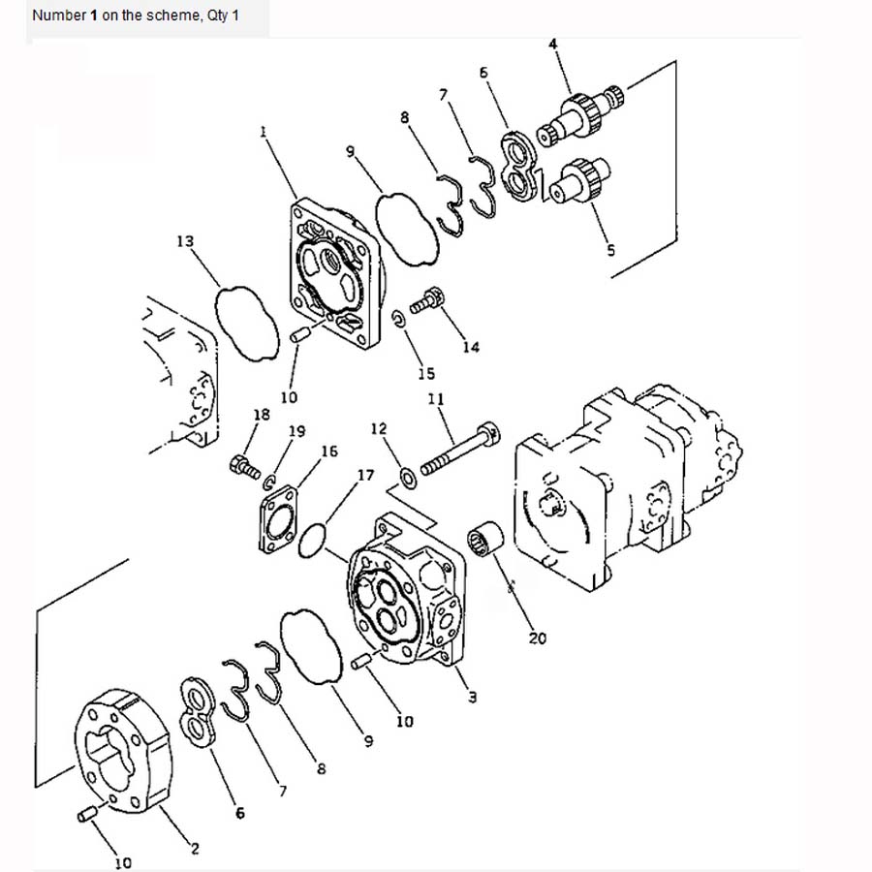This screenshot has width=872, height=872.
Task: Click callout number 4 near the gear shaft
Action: tap(553, 44)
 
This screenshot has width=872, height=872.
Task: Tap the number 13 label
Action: tap(185, 241)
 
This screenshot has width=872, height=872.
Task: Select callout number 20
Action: tap(537, 638)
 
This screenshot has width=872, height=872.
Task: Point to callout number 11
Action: tap(436, 399)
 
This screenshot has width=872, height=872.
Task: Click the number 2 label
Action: tap(195, 849)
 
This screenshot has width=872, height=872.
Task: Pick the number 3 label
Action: tap(472, 697)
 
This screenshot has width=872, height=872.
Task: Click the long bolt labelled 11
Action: tap(460, 449)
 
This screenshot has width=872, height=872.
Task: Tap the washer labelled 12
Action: tap(409, 479)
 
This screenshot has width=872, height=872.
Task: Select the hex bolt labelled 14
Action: tap(427, 301)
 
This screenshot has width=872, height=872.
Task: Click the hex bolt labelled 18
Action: tap(245, 466)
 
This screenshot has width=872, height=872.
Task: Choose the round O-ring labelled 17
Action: tap(312, 540)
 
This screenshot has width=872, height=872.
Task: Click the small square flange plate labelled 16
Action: tap(279, 519)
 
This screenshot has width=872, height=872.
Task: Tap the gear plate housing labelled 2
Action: tap(123, 752)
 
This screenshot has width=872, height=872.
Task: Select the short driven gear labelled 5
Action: tap(580, 179)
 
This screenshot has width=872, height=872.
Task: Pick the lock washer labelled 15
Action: tap(399, 319)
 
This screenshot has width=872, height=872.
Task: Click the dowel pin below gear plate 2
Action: tap(87, 815)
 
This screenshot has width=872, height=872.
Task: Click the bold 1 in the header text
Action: tap(93, 16)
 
